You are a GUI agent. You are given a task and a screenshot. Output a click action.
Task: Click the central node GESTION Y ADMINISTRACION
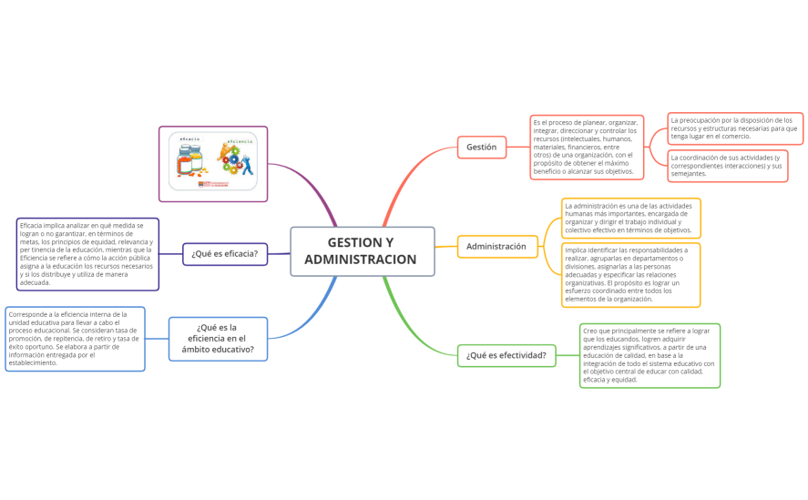click(x=362, y=250)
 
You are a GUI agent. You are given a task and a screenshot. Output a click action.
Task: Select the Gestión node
click(x=481, y=147)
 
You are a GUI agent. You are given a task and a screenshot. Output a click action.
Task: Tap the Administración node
click(x=496, y=246)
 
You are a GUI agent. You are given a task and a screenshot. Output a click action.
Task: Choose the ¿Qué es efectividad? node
click(x=506, y=355)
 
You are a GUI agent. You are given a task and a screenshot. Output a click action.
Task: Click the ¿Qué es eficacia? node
click(x=224, y=253)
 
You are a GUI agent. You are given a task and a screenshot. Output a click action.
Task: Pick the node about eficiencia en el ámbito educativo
click(x=219, y=339)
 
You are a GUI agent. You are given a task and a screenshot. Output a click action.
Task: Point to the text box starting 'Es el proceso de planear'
click(x=586, y=147)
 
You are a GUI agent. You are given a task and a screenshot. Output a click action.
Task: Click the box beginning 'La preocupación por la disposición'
click(x=734, y=128)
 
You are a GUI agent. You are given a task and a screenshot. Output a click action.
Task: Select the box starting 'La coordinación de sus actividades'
click(x=727, y=166)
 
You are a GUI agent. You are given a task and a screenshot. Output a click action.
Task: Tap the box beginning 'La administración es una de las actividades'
click(x=630, y=218)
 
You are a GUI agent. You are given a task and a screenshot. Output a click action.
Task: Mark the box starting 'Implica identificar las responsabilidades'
click(x=630, y=274)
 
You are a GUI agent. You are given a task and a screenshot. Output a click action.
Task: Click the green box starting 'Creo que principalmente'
click(x=649, y=355)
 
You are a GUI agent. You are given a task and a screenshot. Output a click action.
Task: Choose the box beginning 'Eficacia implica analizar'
click(x=87, y=254)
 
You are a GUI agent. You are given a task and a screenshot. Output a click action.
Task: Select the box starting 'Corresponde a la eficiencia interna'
click(x=75, y=339)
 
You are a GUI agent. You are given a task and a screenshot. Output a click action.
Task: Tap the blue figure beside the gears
click(x=247, y=165)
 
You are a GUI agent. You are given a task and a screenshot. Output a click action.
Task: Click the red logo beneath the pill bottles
click(x=213, y=185)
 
